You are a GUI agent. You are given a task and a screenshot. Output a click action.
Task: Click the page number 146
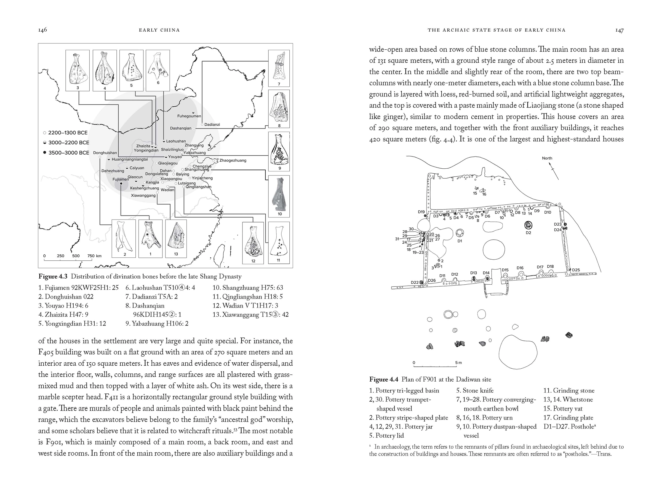[x=42, y=30]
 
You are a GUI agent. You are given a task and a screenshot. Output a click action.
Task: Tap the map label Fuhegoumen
[x=189, y=116]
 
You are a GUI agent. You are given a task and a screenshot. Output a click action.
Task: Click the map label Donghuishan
[x=105, y=153]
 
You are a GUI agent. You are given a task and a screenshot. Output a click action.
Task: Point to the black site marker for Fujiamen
[x=121, y=184]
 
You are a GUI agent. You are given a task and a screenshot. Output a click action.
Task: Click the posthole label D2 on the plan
[x=528, y=233]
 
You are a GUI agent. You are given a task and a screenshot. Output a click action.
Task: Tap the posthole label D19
[x=421, y=212]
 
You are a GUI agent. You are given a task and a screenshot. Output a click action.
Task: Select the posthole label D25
[x=576, y=270]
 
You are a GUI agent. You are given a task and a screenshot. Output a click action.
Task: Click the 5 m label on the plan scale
[x=458, y=363]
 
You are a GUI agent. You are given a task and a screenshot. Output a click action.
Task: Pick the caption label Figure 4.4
[x=384, y=379]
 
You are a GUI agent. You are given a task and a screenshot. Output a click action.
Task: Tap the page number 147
[x=619, y=30]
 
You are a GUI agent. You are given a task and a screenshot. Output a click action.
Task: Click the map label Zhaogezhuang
[x=233, y=161]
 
